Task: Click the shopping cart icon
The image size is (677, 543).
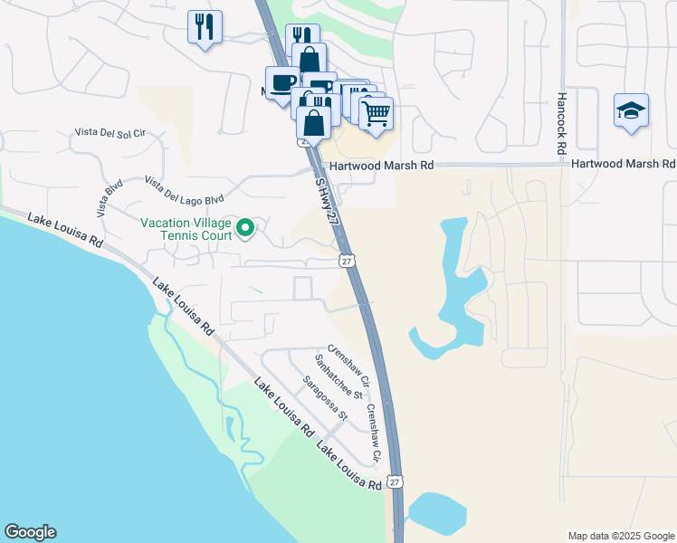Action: pyautogui.click(x=376, y=113)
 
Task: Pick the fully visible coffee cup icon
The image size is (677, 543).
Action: pyautogui.click(x=282, y=82)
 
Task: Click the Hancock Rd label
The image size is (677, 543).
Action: pyautogui.click(x=562, y=121)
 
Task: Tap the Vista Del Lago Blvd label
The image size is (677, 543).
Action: pyautogui.click(x=183, y=190)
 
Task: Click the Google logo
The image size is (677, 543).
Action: pyautogui.click(x=30, y=532)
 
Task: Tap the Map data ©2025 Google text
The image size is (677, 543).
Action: pyautogui.click(x=620, y=536)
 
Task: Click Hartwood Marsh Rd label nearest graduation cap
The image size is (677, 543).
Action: pyautogui.click(x=623, y=165)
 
